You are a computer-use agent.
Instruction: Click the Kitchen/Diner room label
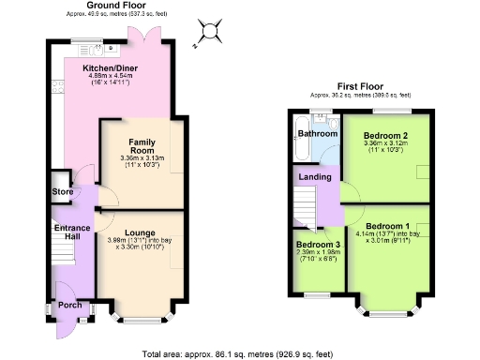tap(112, 68)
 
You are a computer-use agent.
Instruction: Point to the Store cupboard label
tap(63, 192)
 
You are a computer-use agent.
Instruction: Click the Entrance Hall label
tap(71, 234)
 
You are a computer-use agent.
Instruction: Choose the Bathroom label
tap(317, 134)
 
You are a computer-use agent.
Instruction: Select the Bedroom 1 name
tap(387, 226)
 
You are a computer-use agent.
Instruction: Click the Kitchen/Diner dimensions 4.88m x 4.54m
tap(112, 76)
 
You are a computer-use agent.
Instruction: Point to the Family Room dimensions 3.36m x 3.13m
tap(142, 158)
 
